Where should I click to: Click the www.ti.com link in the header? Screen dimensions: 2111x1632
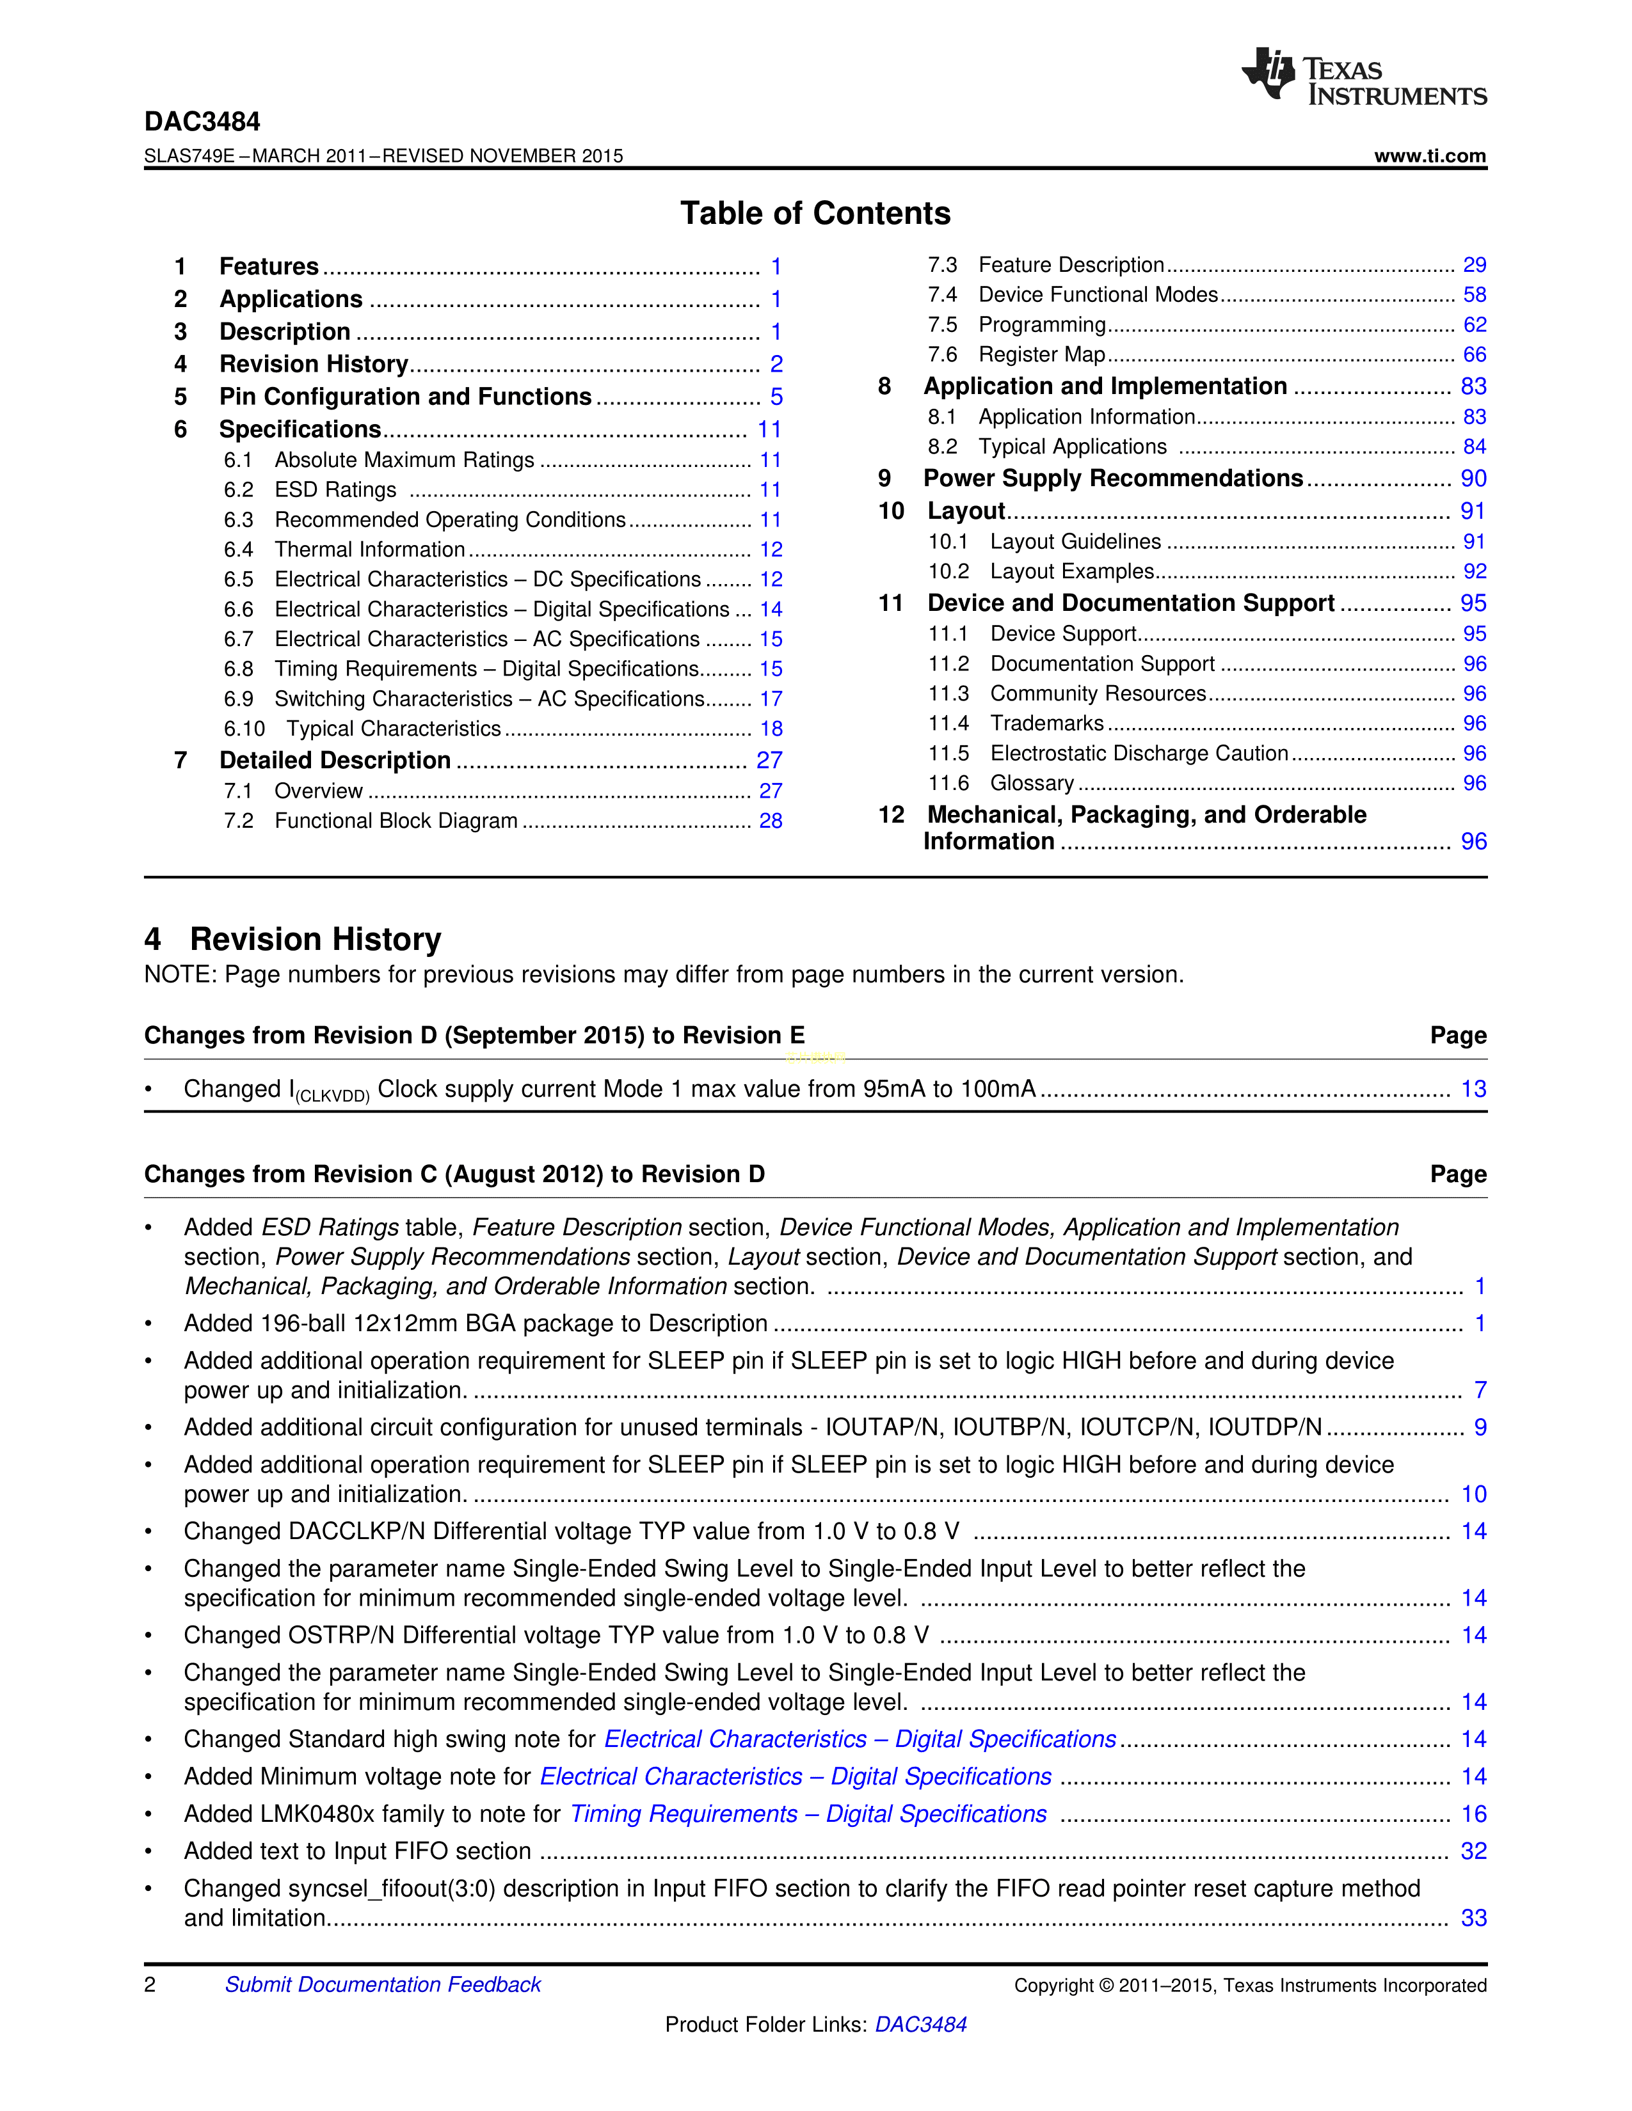[1429, 155]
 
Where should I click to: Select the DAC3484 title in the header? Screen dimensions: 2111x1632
[202, 122]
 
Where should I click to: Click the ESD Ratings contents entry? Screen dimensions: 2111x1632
[335, 490]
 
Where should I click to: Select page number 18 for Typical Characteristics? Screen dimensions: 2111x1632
[771, 729]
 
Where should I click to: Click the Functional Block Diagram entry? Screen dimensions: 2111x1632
[396, 821]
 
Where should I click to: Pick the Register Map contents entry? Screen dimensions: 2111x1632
[1041, 355]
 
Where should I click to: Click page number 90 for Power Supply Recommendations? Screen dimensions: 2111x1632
[1473, 478]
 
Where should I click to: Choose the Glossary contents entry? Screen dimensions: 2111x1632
[1032, 783]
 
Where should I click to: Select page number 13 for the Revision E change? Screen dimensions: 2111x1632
[1473, 1089]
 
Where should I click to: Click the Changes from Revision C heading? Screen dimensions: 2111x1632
[454, 1174]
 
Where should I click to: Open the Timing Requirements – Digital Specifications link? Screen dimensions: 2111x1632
[808, 1814]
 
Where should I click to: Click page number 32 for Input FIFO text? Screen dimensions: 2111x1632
[1473, 1851]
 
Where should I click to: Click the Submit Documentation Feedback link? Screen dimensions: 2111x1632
[383, 1984]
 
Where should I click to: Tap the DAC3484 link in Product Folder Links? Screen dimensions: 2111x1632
[920, 2024]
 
